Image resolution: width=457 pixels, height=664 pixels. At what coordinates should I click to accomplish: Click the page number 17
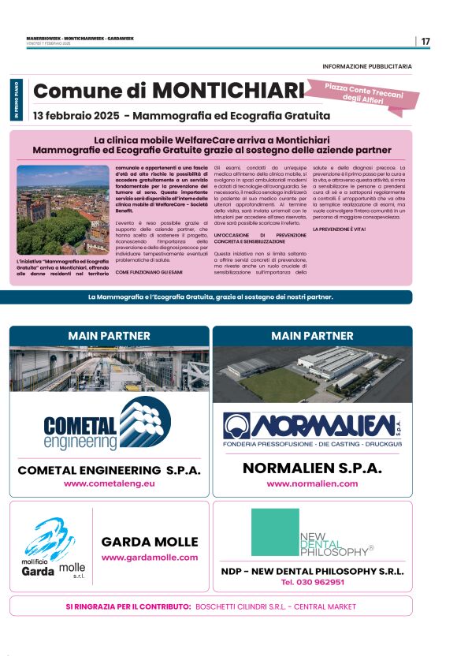[425, 41]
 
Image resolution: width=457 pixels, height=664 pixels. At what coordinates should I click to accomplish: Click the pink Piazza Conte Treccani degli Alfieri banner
[367, 92]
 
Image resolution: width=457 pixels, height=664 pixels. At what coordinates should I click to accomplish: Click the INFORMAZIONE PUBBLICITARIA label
[366, 66]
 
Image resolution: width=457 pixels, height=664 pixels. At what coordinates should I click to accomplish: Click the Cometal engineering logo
[107, 427]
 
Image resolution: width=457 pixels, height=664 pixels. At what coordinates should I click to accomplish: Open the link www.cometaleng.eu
[110, 483]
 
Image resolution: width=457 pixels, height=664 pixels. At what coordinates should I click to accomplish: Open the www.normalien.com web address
[312, 483]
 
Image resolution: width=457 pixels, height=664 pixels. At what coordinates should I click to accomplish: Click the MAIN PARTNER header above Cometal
[110, 336]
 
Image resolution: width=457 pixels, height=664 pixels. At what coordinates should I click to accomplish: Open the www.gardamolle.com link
[150, 558]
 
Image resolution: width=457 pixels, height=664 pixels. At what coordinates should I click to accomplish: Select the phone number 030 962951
[313, 582]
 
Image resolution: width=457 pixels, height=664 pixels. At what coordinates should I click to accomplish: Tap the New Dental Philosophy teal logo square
[275, 532]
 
